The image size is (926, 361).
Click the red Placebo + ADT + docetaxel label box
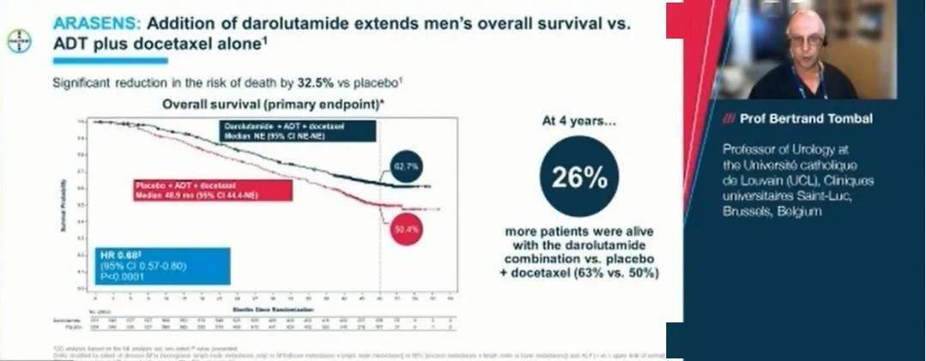tap(211, 190)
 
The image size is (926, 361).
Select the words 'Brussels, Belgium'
tap(773, 211)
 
